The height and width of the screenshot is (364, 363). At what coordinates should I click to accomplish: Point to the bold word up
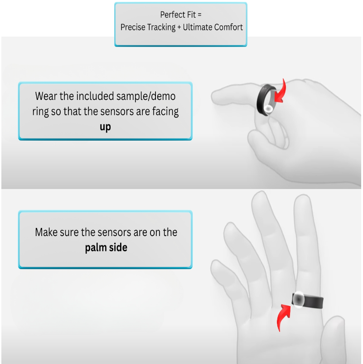tap(105, 127)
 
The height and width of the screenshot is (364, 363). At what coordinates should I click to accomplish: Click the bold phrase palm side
tap(106, 248)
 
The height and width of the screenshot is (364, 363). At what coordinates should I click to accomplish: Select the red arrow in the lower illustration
tap(284, 316)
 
